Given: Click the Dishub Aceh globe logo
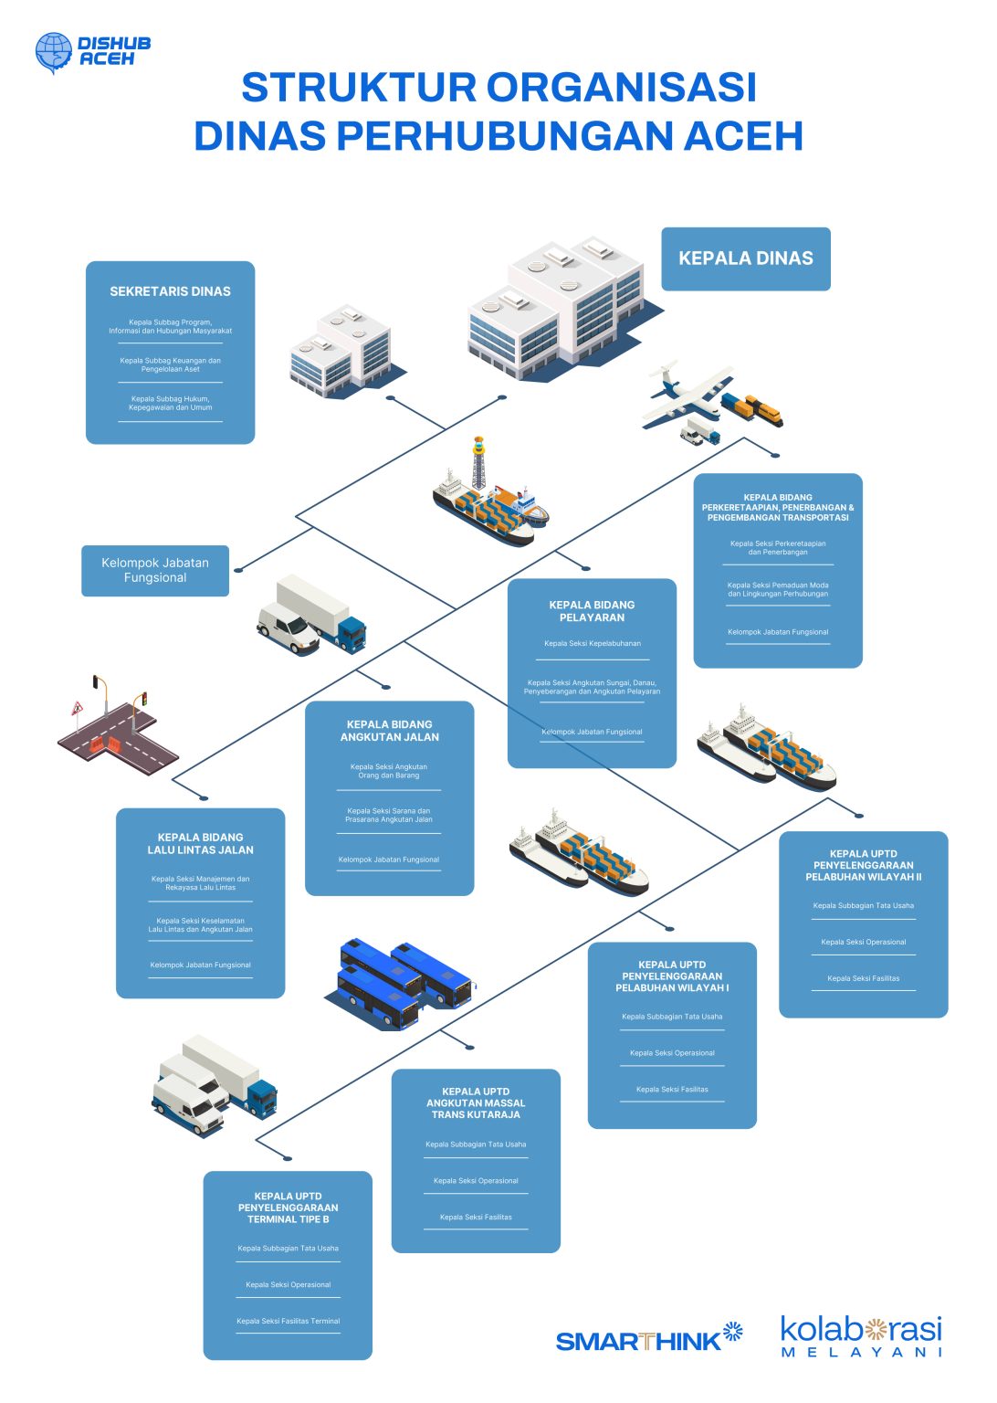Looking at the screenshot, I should [53, 52].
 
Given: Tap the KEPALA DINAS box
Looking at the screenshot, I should [745, 258].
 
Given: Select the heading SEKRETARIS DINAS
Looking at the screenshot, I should [170, 291].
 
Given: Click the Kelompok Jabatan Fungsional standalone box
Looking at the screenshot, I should [155, 570].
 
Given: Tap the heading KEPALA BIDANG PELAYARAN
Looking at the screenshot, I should [592, 611].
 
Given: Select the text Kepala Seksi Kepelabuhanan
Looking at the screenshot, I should [592, 643].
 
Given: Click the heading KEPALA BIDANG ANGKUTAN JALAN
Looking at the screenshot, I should [390, 731].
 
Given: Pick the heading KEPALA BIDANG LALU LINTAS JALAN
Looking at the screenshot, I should [201, 843].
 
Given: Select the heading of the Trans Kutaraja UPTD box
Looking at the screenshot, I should [476, 1102].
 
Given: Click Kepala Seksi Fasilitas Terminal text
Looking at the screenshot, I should [288, 1321].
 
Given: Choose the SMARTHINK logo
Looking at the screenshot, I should [648, 1339].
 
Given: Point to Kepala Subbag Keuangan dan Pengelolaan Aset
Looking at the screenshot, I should [170, 364].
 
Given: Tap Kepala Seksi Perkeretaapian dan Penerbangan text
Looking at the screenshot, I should [778, 547].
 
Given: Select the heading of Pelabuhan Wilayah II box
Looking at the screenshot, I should [863, 865].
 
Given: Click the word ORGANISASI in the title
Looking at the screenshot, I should [621, 88].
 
